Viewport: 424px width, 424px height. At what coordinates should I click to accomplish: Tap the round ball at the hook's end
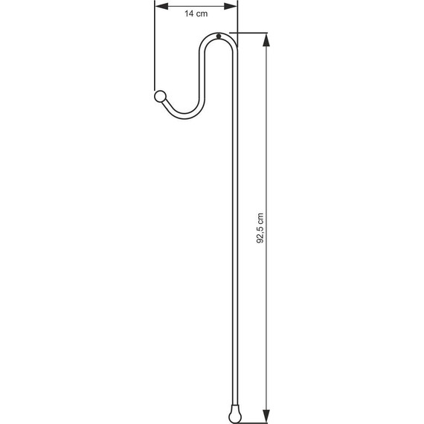[159, 96]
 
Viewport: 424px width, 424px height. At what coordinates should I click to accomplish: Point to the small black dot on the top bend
[219, 38]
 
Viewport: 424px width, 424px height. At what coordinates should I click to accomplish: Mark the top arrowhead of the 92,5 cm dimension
[266, 36]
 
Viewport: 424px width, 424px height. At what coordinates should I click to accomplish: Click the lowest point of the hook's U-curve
[182, 117]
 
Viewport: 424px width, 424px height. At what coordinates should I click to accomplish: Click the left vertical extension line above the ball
[155, 52]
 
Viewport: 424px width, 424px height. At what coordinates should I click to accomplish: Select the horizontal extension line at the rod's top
[249, 33]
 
